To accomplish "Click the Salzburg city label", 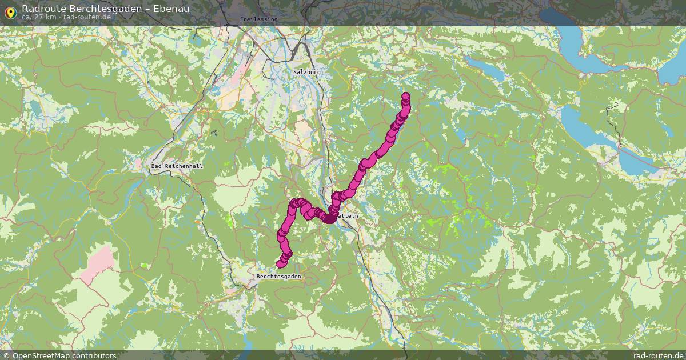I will tap(307, 72).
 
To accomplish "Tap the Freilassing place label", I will tap(258, 19).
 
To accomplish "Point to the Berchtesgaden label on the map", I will tap(278, 276).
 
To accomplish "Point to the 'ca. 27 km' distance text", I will tap(39, 17).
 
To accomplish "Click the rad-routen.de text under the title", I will tap(87, 17).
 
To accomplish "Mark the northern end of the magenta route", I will tap(406, 96).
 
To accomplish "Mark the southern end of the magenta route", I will tap(280, 264).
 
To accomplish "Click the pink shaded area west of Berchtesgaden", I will tap(98, 265).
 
